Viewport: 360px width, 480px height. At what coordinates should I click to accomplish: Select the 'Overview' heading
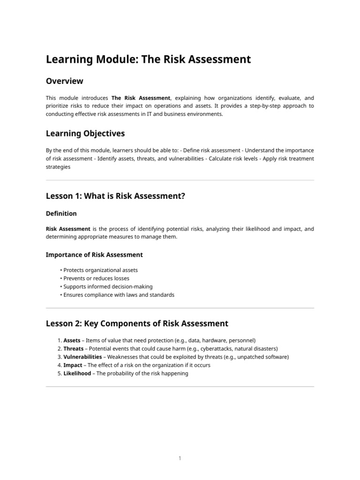pos(65,81)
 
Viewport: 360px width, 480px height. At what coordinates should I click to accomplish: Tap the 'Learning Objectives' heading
pos(85,134)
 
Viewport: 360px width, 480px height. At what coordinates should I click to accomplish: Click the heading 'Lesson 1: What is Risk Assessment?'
pos(115,196)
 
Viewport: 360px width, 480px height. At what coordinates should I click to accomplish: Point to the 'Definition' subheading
pos(61,213)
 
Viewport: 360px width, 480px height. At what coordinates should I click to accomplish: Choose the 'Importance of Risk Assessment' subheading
pos(94,255)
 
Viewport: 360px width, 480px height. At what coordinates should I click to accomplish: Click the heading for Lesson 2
pos(137,323)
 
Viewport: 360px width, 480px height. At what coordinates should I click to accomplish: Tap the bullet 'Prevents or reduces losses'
pos(96,278)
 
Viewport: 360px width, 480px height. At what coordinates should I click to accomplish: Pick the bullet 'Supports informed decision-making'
pos(108,286)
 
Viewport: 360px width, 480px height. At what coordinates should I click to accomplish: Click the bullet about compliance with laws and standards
pos(119,295)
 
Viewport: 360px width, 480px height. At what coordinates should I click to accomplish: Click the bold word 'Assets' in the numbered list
pos(72,340)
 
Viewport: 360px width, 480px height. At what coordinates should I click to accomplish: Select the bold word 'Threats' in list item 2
pos(74,349)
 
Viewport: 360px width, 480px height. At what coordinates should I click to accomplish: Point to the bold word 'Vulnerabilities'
pos(82,357)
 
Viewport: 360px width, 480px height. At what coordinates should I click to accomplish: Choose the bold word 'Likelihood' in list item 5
pos(77,374)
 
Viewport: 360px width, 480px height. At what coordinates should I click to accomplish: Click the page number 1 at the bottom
pos(180,458)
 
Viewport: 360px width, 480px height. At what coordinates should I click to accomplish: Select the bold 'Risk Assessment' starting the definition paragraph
pos(68,229)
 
